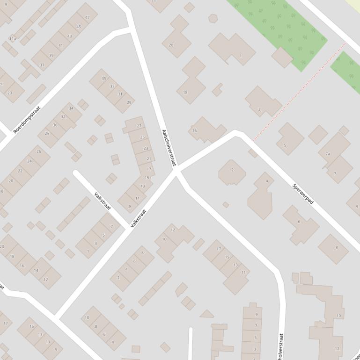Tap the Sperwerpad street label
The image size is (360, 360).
(303, 194)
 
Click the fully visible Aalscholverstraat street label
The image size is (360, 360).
(169, 148)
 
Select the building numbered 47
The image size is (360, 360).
(87, 18)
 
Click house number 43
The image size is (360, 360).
(69, 36)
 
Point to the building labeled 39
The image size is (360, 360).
(51, 55)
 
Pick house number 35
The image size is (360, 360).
(103, 79)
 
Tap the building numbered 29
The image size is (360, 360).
(129, 102)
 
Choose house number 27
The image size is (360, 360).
(139, 126)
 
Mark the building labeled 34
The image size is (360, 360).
(71, 108)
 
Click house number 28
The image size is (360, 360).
(47, 133)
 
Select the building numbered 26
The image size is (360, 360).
(38, 151)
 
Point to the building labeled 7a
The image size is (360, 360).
(328, 153)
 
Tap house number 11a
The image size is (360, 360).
(13, 39)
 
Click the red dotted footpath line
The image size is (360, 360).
(300, 92)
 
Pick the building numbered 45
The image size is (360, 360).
(78, 27)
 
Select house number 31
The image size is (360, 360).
(120, 94)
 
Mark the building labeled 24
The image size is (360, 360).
(29, 161)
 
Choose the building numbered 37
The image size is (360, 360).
(42, 65)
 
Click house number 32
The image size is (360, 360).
(63, 116)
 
